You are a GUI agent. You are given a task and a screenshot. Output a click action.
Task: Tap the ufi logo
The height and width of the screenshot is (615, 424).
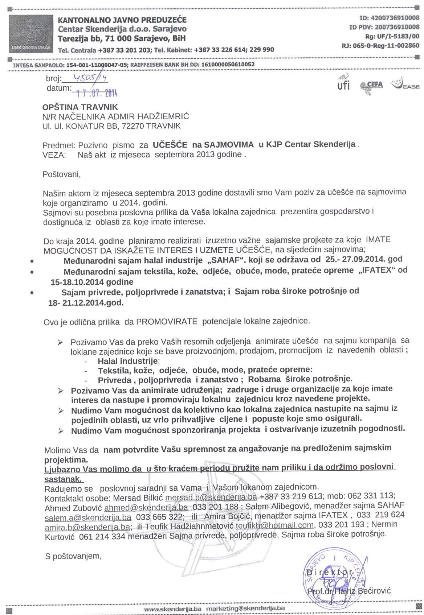coord(343,84)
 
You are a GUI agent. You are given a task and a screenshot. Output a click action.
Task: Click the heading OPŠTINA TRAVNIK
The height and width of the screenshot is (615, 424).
coord(81,107)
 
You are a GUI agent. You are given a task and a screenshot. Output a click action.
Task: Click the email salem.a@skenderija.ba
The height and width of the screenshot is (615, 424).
coord(88,516)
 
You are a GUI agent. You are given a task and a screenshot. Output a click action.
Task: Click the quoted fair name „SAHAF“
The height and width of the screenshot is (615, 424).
coord(224,260)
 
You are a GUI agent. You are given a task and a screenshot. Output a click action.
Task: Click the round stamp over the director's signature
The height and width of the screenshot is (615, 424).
coord(335,571)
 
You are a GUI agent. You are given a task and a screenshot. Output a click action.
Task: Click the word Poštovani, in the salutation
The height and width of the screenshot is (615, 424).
coord(62,174)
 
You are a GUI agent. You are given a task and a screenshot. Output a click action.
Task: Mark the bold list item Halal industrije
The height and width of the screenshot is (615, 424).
coord(129,361)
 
